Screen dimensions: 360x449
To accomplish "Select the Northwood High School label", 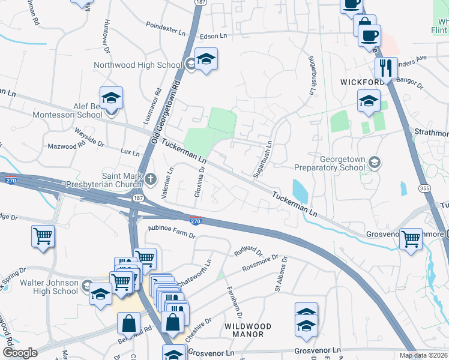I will click(137, 65).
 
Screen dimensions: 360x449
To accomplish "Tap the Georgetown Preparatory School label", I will click(331, 164).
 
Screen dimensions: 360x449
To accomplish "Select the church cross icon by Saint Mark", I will click(151, 178).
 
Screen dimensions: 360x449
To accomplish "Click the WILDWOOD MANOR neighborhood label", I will click(247, 330).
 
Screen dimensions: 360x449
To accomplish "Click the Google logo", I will click(19, 353).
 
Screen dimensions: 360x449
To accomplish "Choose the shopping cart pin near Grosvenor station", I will click(411, 238).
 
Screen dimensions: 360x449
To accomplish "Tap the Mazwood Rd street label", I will click(67, 146).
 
